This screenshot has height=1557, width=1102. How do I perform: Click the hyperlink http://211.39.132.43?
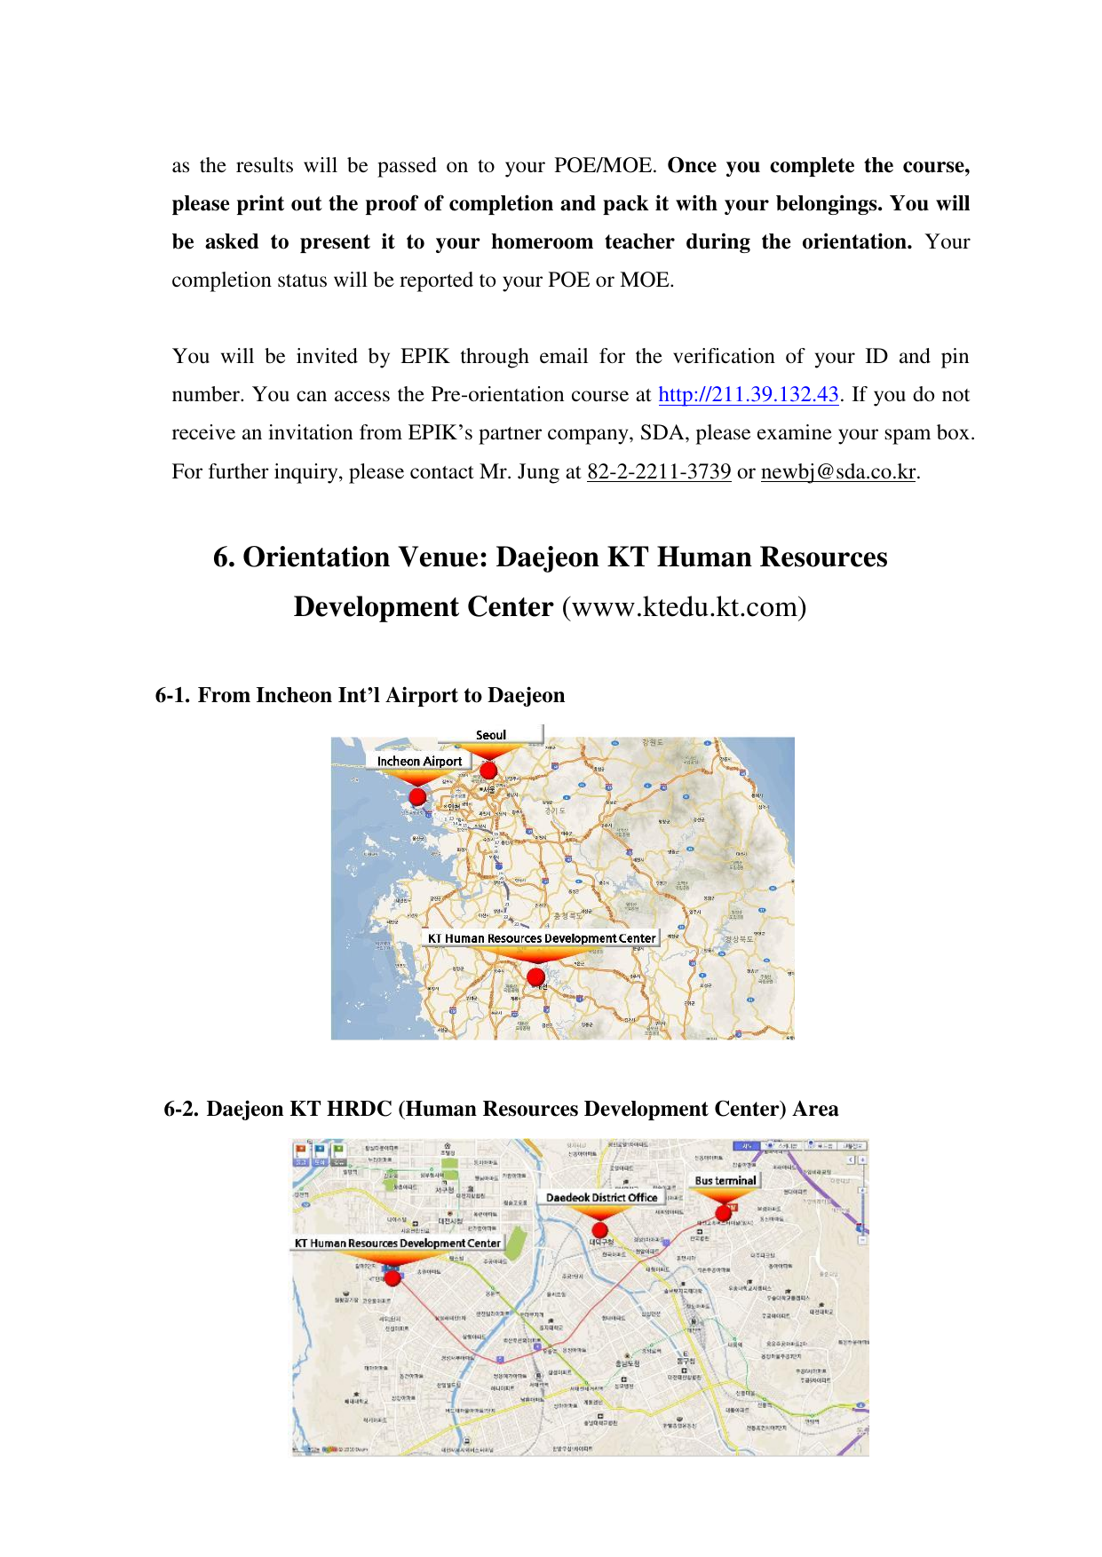pyautogui.click(x=749, y=395)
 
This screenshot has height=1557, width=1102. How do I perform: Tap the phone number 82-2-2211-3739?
pyautogui.click(x=659, y=472)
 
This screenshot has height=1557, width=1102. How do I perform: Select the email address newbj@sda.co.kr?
pyautogui.click(x=838, y=472)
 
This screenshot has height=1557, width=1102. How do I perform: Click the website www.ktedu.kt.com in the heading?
pyautogui.click(x=684, y=607)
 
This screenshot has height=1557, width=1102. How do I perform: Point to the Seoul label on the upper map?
pyautogui.click(x=491, y=735)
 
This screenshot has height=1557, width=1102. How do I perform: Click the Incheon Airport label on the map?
pyautogui.click(x=419, y=761)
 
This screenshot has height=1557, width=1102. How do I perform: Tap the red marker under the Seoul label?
pyautogui.click(x=488, y=770)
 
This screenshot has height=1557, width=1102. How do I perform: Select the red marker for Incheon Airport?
pyautogui.click(x=417, y=796)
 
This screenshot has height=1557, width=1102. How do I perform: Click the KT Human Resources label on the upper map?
pyautogui.click(x=541, y=938)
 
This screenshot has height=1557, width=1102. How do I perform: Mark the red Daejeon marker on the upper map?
pyautogui.click(x=535, y=977)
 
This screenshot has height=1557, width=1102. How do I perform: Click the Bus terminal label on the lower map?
pyautogui.click(x=725, y=1181)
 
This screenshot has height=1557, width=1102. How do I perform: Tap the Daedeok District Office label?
pyautogui.click(x=601, y=1197)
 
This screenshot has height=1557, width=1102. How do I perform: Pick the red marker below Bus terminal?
pyautogui.click(x=723, y=1213)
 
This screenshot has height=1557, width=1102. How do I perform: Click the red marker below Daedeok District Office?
pyautogui.click(x=600, y=1229)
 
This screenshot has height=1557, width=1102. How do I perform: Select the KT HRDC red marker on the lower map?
pyautogui.click(x=392, y=1278)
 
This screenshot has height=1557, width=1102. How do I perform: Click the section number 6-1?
pyautogui.click(x=172, y=695)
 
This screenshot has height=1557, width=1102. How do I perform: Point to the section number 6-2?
pyautogui.click(x=181, y=1109)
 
